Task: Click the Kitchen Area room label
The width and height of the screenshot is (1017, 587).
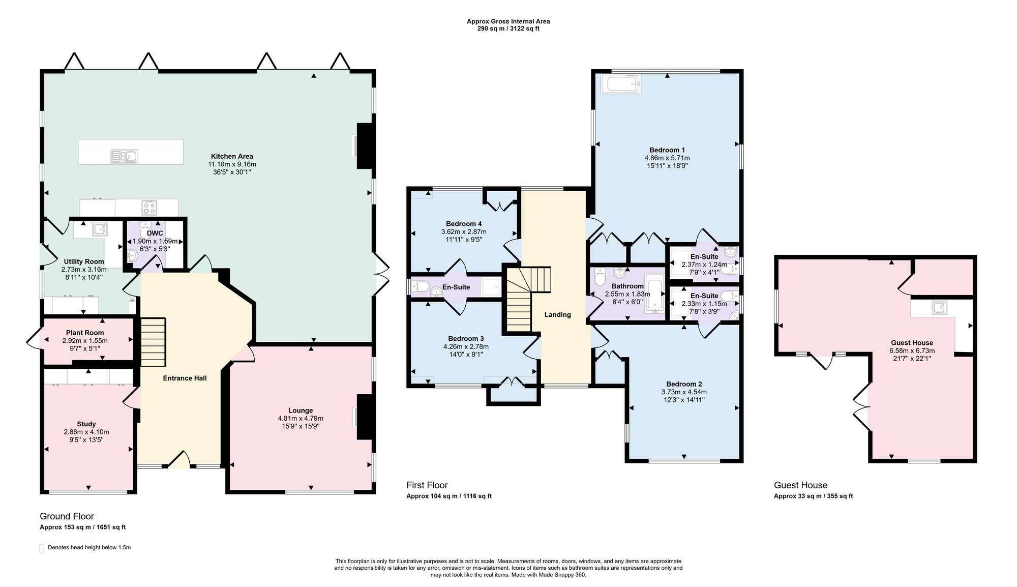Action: point(232,156)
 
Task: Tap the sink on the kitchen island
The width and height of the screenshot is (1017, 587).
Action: point(124,156)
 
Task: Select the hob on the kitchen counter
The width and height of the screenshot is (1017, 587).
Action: point(149,208)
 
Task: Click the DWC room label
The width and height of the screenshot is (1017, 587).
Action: point(155,233)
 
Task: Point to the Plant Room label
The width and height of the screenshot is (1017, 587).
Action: point(85,333)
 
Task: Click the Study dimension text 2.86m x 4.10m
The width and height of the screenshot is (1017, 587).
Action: point(86,432)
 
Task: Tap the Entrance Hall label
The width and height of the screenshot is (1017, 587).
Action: point(185,378)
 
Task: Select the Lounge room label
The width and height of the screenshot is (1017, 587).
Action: point(301,410)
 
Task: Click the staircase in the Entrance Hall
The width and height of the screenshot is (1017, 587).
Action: point(153,342)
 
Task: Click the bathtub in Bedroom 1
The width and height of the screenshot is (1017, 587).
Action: point(621,84)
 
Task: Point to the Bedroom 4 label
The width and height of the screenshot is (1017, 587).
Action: point(464,224)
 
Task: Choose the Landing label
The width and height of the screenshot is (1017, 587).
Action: point(558,314)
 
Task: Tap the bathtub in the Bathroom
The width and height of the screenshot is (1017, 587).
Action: point(655,293)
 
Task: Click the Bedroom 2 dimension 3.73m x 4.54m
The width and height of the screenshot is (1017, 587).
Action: point(684,392)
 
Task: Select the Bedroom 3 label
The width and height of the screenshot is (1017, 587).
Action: point(466,339)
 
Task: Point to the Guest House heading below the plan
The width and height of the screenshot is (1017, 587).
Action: point(801,485)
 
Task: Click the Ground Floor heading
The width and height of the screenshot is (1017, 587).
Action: point(67,516)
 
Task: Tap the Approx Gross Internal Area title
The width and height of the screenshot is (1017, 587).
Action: point(508,21)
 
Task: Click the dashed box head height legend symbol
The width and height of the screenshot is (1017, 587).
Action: point(42,548)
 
